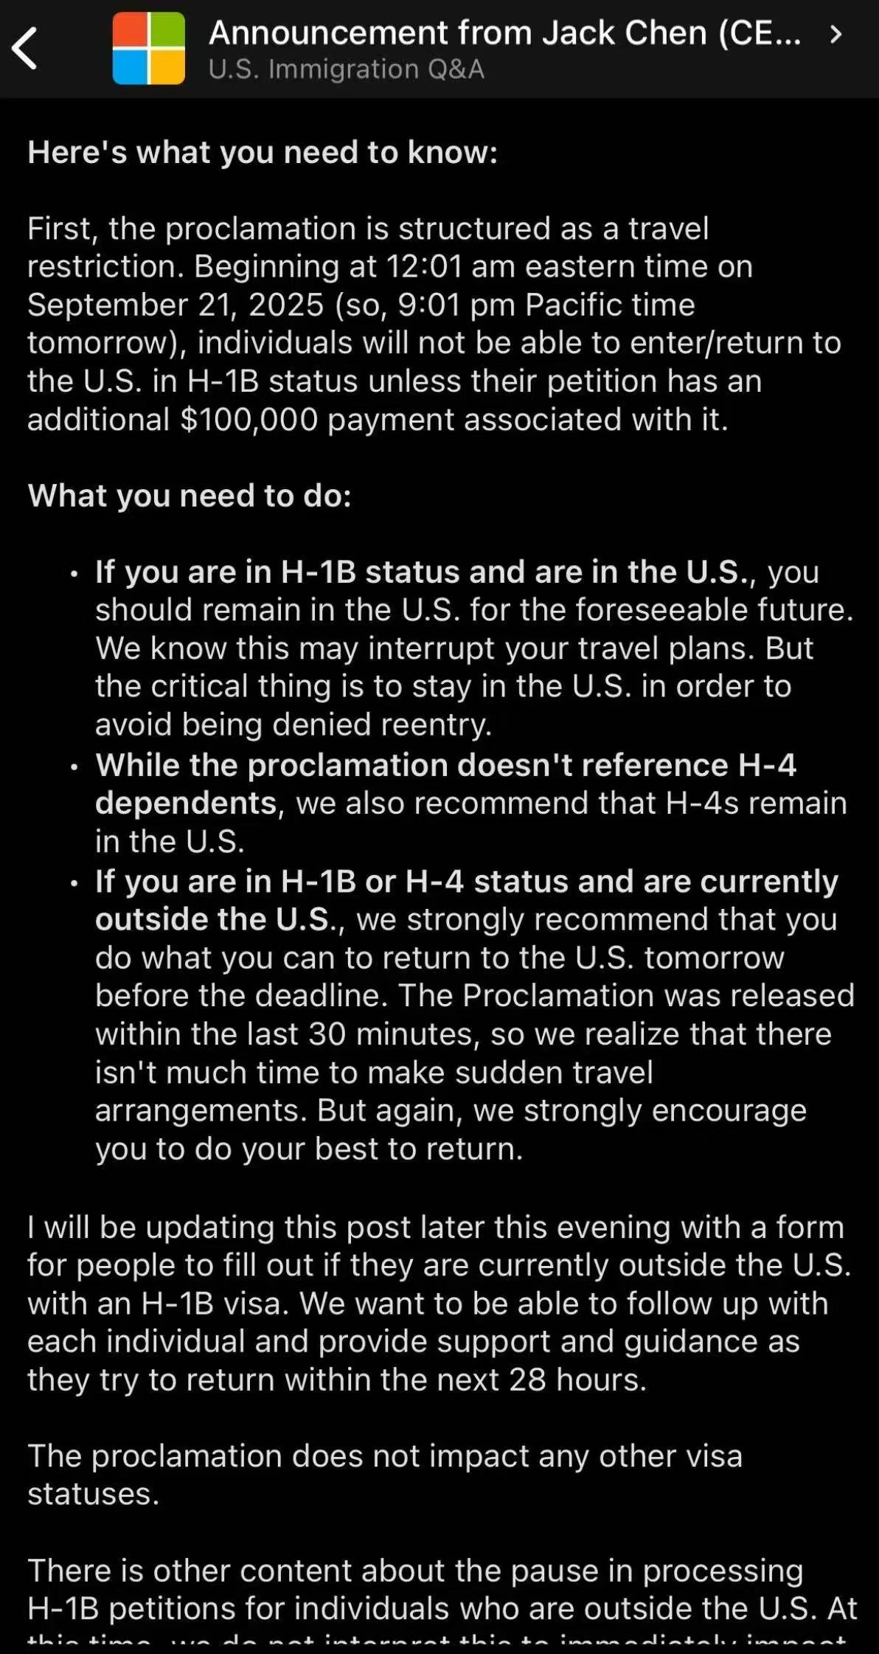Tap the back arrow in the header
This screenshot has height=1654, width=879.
point(25,49)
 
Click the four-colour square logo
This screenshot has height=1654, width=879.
point(148,49)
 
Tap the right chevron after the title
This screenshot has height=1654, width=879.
point(835,34)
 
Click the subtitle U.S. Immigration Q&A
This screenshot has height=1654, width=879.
point(346,69)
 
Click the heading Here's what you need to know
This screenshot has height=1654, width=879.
point(263,153)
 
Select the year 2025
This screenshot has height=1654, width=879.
point(286,305)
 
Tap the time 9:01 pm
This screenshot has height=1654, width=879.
point(456,305)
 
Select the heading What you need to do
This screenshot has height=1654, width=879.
point(190,496)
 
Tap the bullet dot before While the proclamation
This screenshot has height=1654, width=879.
point(74,767)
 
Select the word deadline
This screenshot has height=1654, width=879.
point(336,996)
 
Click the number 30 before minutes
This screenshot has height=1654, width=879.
point(327,1034)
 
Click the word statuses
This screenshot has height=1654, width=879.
point(93,1495)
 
